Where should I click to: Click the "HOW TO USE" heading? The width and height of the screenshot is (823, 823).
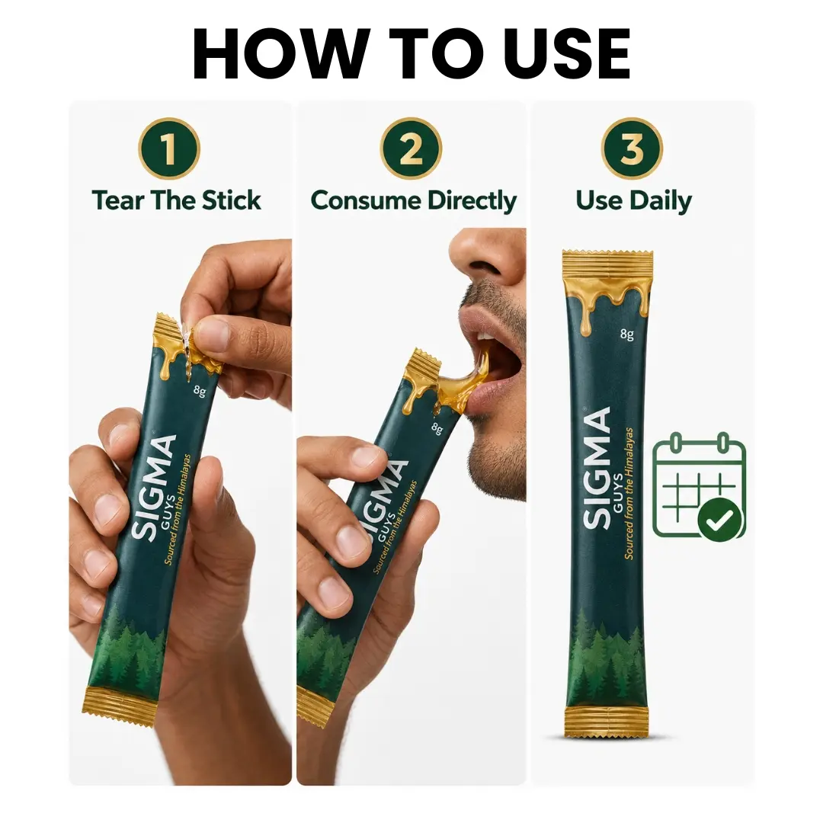411,54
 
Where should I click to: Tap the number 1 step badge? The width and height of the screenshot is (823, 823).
169,149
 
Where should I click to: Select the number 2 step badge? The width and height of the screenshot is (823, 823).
411,149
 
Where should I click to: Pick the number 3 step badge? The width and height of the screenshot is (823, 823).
632,149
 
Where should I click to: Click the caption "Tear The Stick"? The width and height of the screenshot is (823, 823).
176,201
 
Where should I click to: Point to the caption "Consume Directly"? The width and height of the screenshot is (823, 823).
414,201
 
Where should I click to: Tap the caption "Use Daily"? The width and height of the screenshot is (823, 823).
633,201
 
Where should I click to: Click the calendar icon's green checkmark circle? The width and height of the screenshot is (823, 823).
720,520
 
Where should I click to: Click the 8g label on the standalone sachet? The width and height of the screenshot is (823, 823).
626,334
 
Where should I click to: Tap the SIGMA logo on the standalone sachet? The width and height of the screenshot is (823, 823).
597,468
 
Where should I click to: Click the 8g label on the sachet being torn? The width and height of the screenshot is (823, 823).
199,390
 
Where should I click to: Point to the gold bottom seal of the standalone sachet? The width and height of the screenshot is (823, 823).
607,722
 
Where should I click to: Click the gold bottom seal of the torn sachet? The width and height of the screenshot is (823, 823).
120,706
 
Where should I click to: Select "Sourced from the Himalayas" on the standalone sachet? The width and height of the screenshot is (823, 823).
629,493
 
